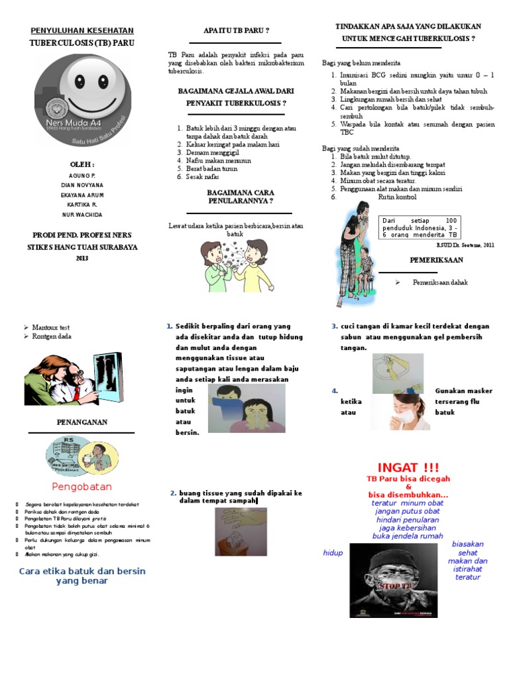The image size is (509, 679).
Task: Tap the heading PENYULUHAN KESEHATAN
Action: click(x=83, y=31)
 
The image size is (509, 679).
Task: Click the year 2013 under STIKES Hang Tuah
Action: click(x=83, y=258)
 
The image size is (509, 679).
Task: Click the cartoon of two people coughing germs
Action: click(x=236, y=266)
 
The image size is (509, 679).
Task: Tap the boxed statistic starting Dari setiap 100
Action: click(x=420, y=227)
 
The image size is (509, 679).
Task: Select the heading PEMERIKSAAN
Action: click(x=435, y=261)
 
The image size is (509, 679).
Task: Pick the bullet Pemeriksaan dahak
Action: click(x=439, y=282)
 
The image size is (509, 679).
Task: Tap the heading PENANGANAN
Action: click(x=82, y=422)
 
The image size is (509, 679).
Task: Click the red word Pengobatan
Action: click(x=82, y=486)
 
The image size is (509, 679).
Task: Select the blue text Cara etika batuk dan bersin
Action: click(x=82, y=571)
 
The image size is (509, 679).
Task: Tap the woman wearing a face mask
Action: click(x=404, y=411)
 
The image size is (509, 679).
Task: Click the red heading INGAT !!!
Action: click(x=408, y=468)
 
